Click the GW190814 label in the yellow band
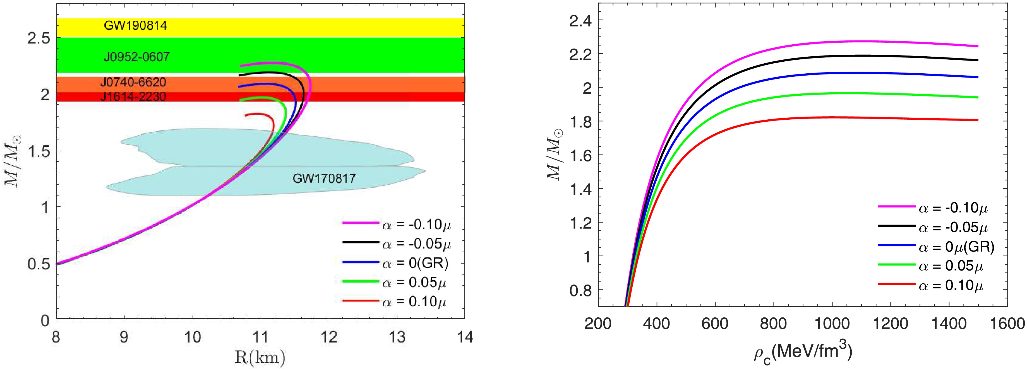(136, 26)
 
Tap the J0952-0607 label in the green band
(136, 57)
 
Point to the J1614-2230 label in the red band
(133, 97)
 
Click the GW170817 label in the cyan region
(324, 178)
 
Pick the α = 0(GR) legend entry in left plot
(415, 263)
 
